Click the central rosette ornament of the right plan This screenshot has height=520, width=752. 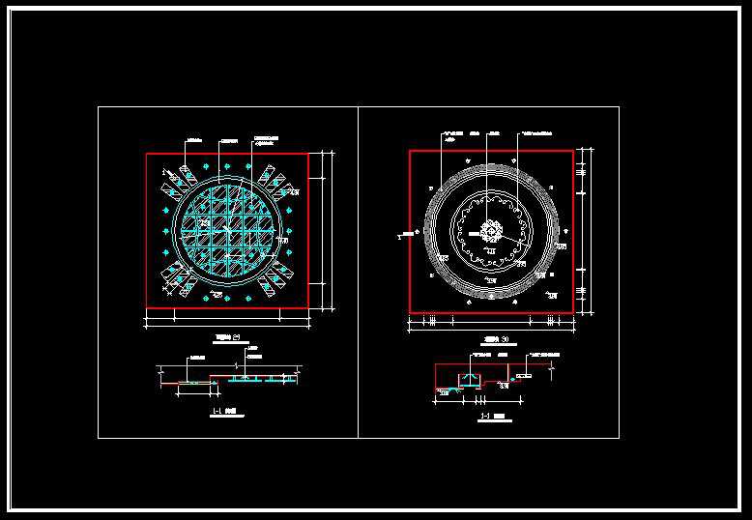(x=491, y=232)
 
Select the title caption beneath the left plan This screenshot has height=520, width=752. (x=228, y=337)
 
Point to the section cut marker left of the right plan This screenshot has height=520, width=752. (x=401, y=233)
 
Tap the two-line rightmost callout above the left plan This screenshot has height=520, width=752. (x=267, y=139)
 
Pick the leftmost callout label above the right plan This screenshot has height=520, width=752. (x=448, y=131)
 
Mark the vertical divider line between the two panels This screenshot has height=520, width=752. (x=358, y=272)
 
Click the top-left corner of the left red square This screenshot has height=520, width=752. (x=147, y=155)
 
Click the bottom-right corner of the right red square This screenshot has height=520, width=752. (x=572, y=312)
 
